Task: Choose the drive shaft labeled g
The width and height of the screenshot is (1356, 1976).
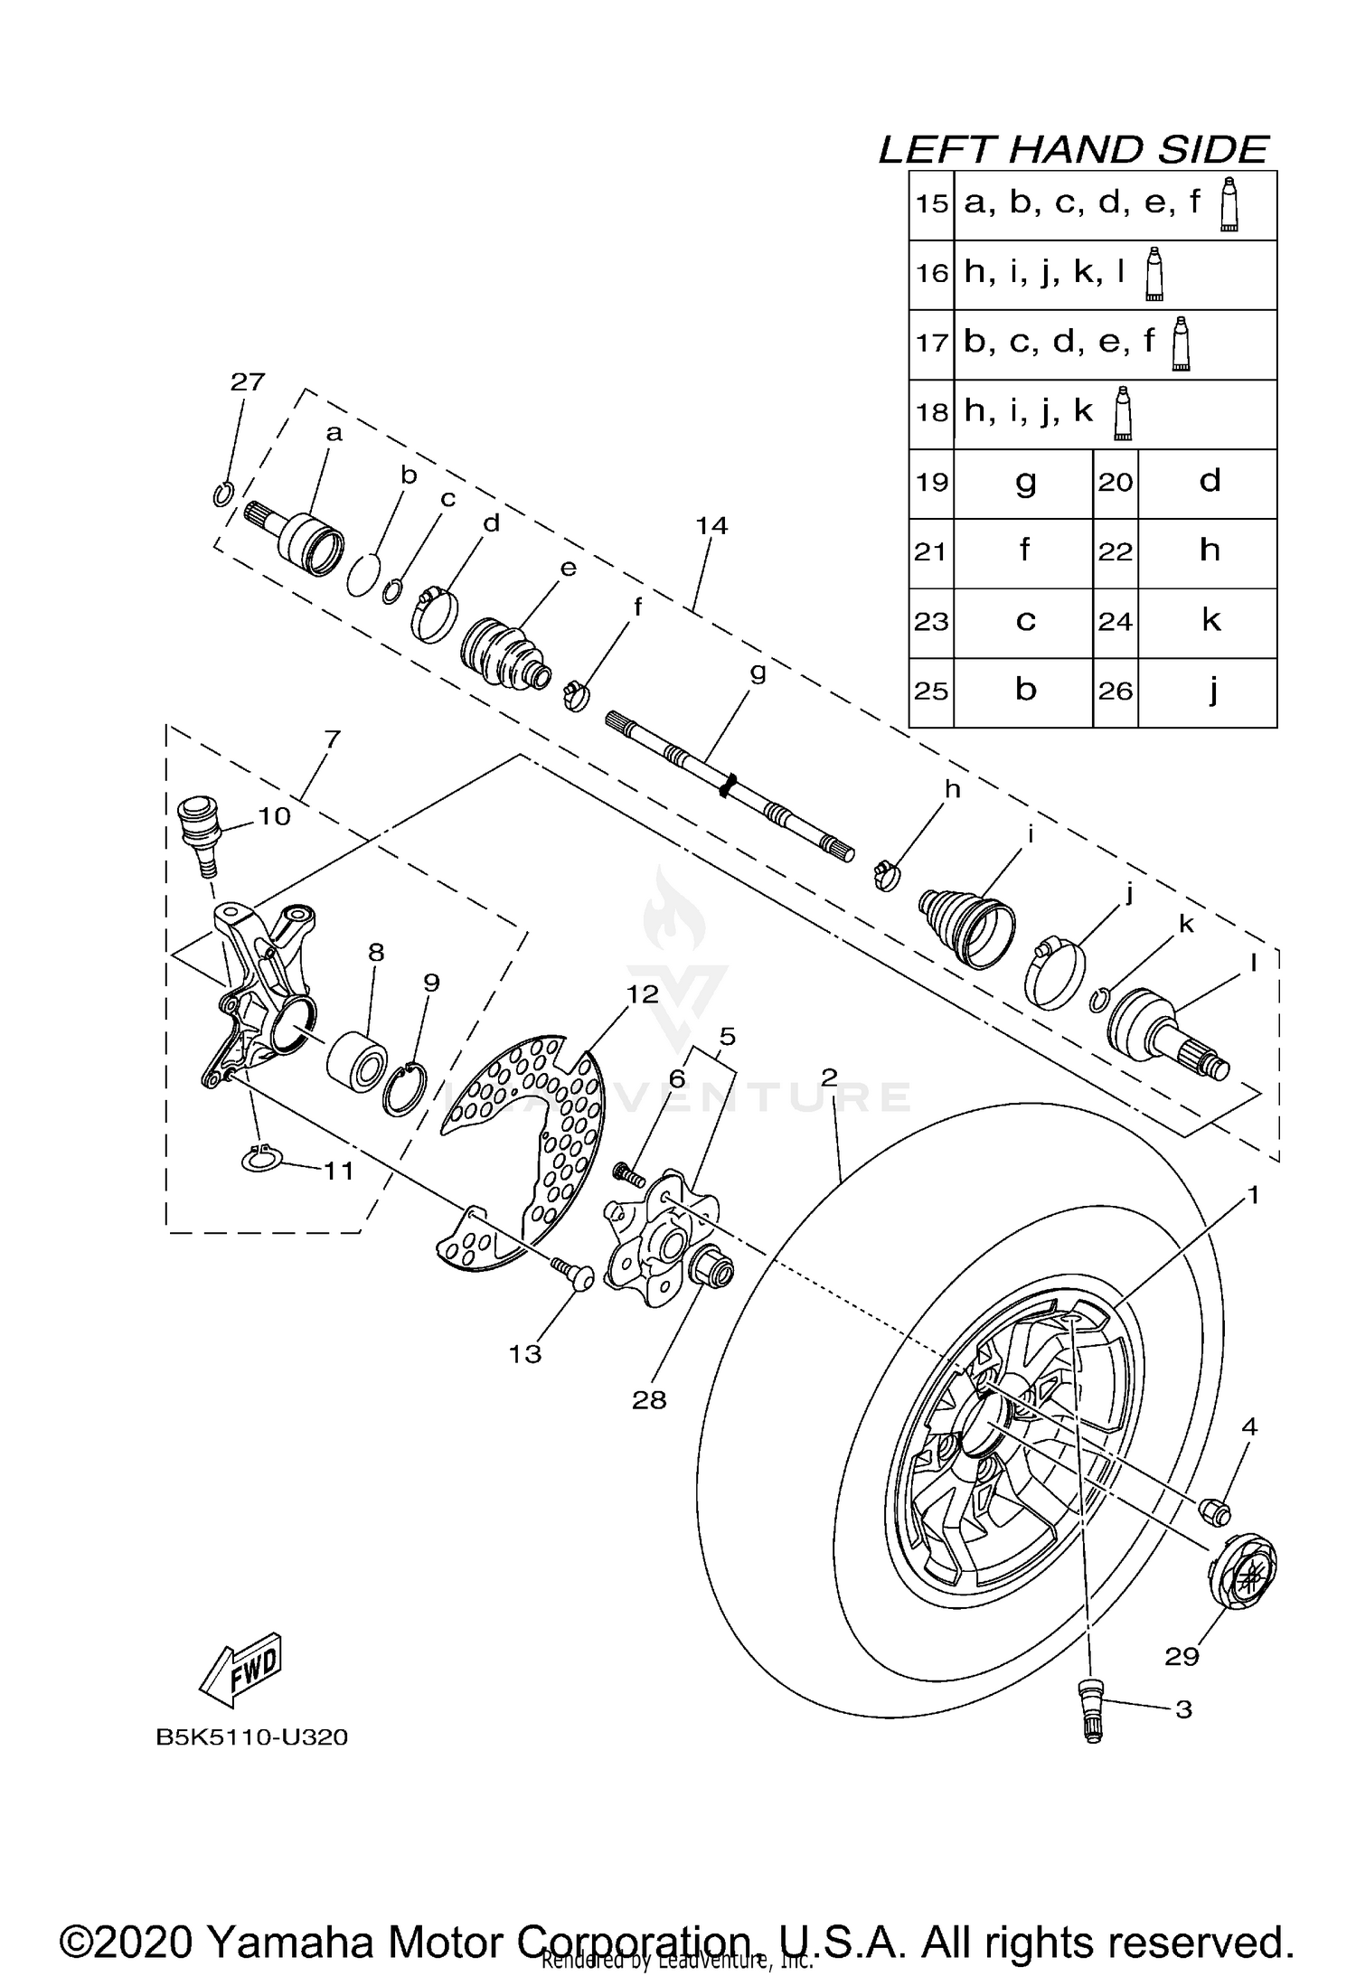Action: (x=729, y=786)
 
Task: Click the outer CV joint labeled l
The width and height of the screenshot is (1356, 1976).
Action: (x=1166, y=1033)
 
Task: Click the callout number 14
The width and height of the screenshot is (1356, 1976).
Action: (x=711, y=525)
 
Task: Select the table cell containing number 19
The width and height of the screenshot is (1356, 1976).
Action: (x=931, y=483)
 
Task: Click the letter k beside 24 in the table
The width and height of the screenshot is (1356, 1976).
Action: (x=1210, y=621)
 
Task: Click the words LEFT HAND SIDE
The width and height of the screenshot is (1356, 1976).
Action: (x=1073, y=150)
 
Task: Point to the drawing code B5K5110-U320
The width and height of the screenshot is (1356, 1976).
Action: (x=251, y=1737)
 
